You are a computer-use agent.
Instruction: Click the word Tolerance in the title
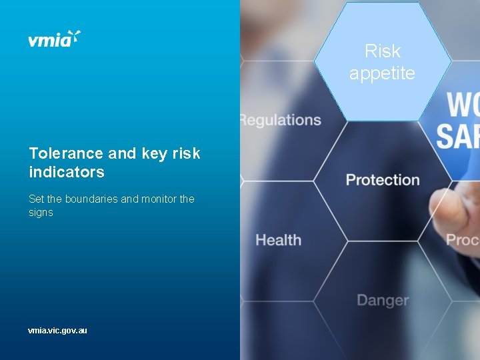coord(66,153)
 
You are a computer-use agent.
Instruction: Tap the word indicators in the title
coord(67,172)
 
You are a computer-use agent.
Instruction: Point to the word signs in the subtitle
coord(41,213)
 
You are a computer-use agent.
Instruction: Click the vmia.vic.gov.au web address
coord(57,330)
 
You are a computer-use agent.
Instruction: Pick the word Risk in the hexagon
coord(383,51)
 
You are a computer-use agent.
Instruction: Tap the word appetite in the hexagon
coord(382,73)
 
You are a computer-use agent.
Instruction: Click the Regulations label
coord(281,121)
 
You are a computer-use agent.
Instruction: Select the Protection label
coord(383,180)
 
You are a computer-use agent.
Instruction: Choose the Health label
coord(278,240)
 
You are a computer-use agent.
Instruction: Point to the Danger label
coord(383,300)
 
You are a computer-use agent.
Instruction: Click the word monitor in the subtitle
coord(159,199)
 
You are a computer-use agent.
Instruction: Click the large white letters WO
coord(463,105)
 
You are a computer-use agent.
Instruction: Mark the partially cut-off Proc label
coord(463,239)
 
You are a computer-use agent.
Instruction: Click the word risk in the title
coord(186,153)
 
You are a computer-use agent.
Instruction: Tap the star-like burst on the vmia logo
coord(76,36)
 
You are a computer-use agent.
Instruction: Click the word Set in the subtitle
coord(36,199)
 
